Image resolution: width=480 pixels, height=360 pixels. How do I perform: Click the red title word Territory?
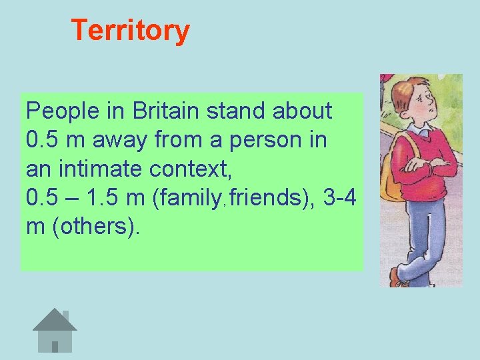130,31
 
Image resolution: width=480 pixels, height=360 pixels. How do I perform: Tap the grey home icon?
55,331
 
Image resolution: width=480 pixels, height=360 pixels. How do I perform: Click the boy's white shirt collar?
419,129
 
